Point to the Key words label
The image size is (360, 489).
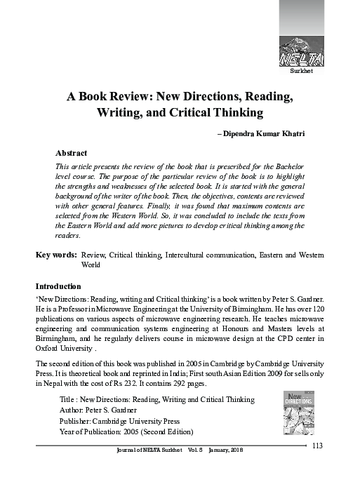(56, 255)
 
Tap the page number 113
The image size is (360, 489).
(316, 447)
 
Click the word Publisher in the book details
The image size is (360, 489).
(77, 420)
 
